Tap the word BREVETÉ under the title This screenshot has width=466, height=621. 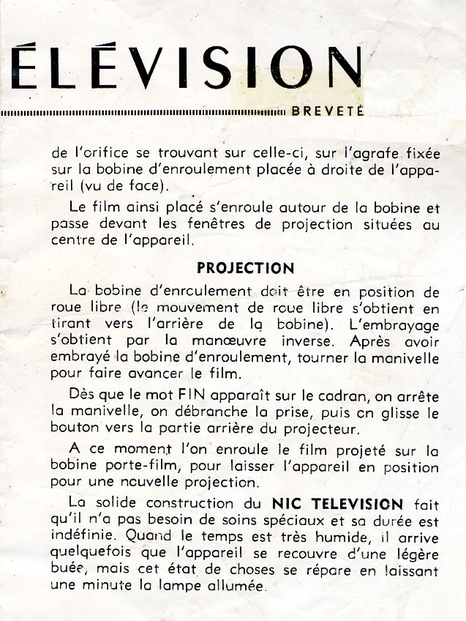pyautogui.click(x=328, y=112)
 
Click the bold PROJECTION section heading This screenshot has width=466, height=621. pyautogui.click(x=246, y=268)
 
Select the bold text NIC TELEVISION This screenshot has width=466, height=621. pyautogui.click(x=337, y=504)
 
